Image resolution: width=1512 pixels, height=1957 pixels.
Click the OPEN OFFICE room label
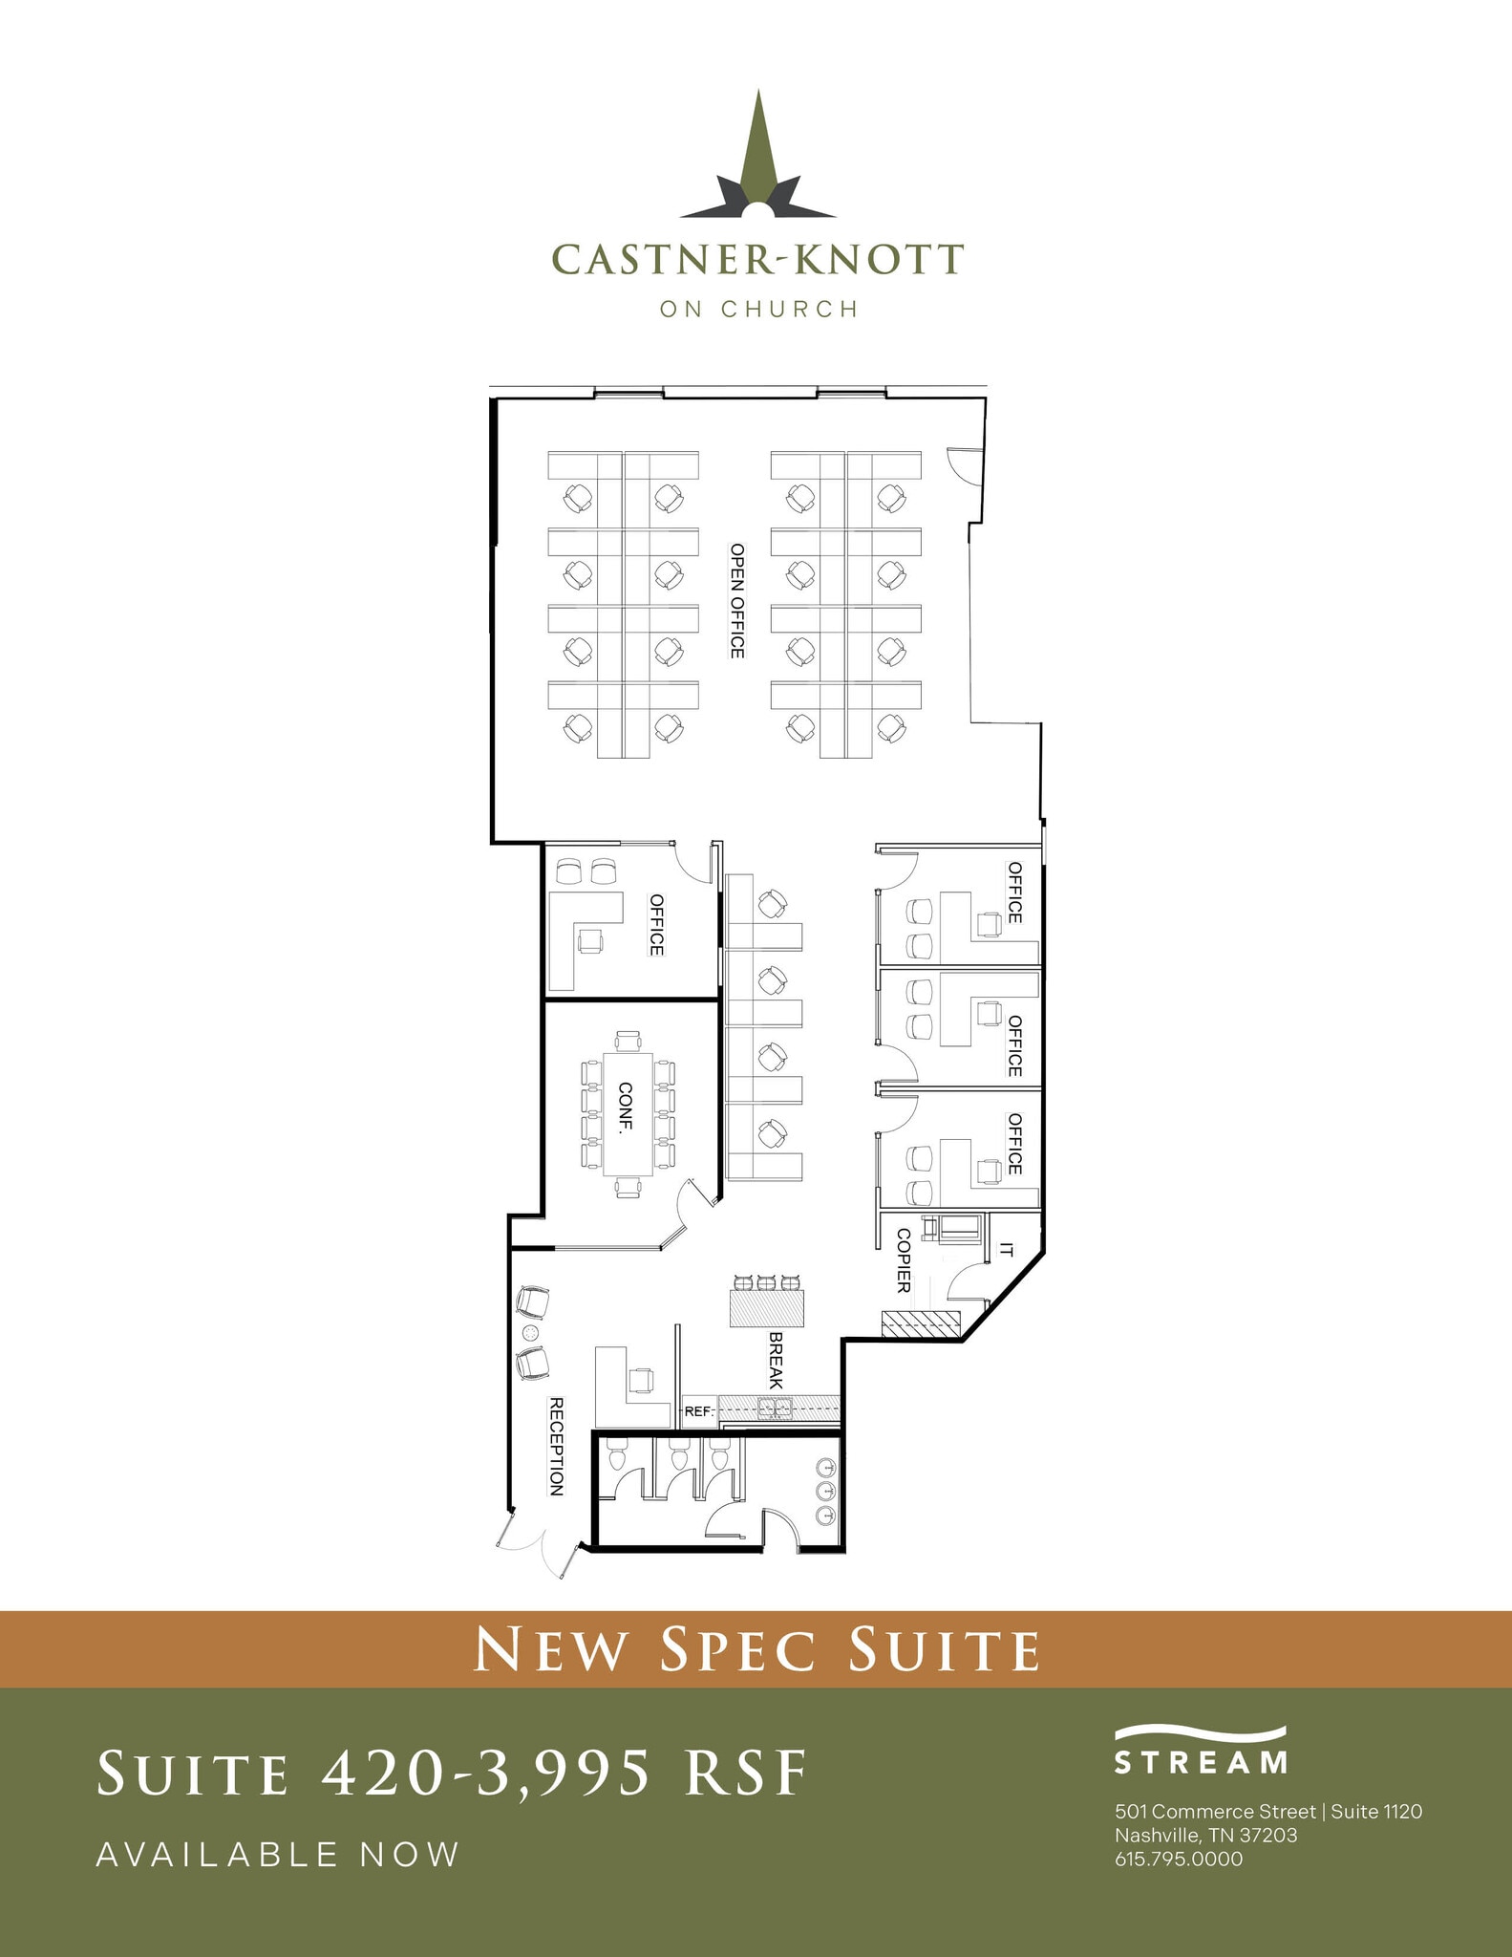(736, 600)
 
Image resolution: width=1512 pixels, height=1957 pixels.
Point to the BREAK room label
(775, 1361)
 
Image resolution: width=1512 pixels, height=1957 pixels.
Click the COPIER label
(904, 1260)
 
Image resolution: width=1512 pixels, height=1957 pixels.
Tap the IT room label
(1006, 1249)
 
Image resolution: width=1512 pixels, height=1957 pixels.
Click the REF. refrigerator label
(697, 1410)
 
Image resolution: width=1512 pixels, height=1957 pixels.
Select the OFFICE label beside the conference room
(656, 924)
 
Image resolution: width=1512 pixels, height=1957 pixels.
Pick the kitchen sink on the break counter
(774, 1408)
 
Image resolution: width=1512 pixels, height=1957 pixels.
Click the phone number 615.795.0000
(1179, 1859)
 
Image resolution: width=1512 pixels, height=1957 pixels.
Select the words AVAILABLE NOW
(278, 1855)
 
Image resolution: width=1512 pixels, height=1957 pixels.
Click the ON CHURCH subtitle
(758, 309)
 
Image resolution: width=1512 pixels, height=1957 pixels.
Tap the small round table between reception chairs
(531, 1332)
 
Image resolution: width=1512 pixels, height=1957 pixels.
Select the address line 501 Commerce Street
(1215, 1811)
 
